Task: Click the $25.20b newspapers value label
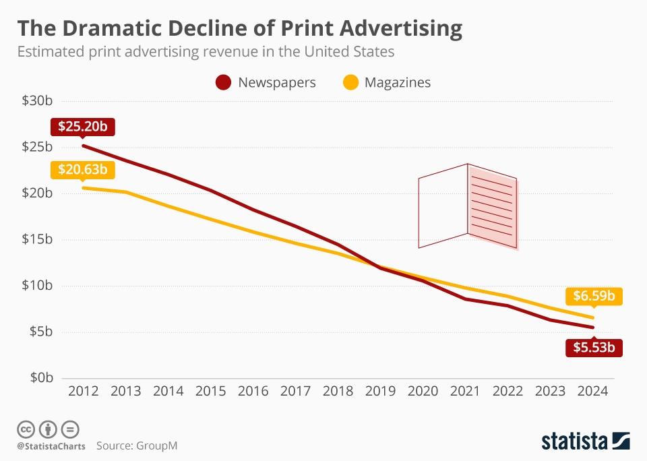click(x=82, y=126)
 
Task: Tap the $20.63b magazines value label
click(x=82, y=169)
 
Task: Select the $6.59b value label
click(x=594, y=296)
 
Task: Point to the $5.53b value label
click(x=594, y=348)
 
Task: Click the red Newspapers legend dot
click(x=223, y=83)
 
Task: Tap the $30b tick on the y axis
click(x=37, y=101)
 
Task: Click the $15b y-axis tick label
click(x=37, y=239)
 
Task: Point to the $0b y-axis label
click(x=40, y=377)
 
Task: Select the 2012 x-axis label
click(x=83, y=391)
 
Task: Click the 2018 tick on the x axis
click(x=338, y=391)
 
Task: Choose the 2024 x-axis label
click(x=593, y=391)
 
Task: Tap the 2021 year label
click(x=466, y=391)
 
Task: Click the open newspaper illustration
click(x=468, y=206)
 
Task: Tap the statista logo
click(x=586, y=441)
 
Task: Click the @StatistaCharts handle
click(x=51, y=446)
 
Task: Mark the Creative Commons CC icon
click(x=26, y=429)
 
